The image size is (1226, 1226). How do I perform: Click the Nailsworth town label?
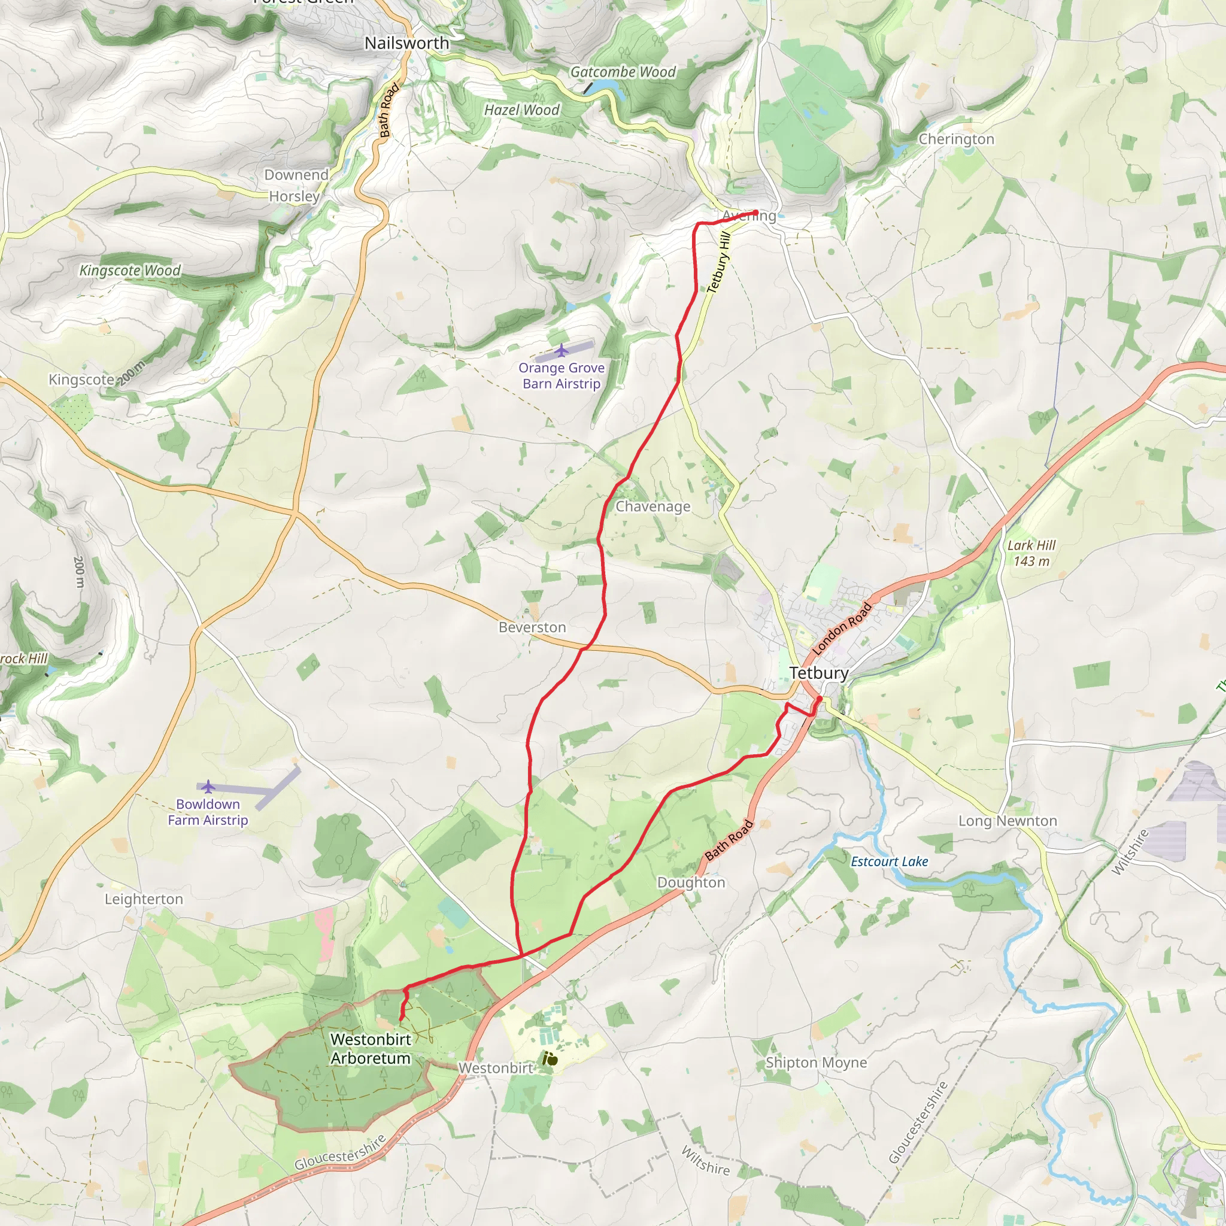click(406, 43)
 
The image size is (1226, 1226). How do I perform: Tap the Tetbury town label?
click(818, 673)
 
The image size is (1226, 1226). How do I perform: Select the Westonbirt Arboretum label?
click(371, 1048)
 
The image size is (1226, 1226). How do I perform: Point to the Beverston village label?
click(532, 627)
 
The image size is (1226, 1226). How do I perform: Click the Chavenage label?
click(653, 506)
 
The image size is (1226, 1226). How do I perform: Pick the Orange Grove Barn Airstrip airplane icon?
click(561, 350)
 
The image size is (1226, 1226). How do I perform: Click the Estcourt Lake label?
click(889, 861)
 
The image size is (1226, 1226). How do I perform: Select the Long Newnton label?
click(1007, 821)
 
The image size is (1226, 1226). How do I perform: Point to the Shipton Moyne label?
click(815, 1063)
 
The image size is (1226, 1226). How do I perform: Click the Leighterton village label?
click(144, 899)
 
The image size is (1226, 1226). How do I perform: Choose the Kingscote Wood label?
click(130, 271)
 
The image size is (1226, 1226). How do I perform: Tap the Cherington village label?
click(955, 139)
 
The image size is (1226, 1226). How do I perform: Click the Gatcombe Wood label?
click(623, 72)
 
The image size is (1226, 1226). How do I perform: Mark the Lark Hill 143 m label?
click(1031, 553)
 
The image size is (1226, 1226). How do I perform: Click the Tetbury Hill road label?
click(719, 262)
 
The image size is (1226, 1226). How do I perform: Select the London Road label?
click(842, 629)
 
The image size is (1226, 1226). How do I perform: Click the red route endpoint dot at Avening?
click(755, 213)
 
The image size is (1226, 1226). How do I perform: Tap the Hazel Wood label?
click(521, 110)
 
